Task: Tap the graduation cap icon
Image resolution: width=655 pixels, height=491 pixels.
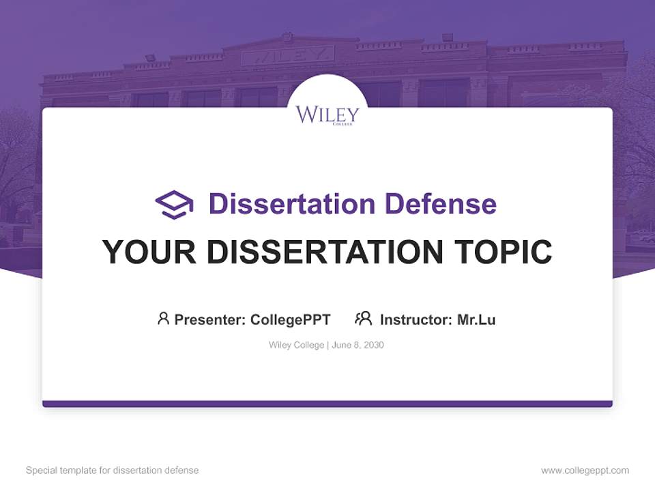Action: click(174, 204)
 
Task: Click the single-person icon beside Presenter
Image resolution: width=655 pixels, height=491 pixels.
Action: click(163, 318)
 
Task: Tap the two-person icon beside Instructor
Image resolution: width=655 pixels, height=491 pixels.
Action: click(363, 318)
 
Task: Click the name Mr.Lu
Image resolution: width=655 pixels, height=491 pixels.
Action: click(476, 319)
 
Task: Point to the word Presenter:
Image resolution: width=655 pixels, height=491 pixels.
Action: click(210, 319)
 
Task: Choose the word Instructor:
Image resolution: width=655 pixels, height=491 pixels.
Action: click(416, 319)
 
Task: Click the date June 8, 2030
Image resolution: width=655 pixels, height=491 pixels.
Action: click(358, 345)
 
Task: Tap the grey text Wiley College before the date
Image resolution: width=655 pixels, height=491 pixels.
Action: click(296, 345)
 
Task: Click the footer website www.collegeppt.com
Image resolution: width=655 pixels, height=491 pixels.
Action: click(585, 471)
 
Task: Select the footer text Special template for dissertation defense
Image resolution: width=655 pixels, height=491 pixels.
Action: click(112, 471)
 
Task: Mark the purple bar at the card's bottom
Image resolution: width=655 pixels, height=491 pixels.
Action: click(327, 404)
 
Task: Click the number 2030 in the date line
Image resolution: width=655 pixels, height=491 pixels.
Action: click(373, 345)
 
